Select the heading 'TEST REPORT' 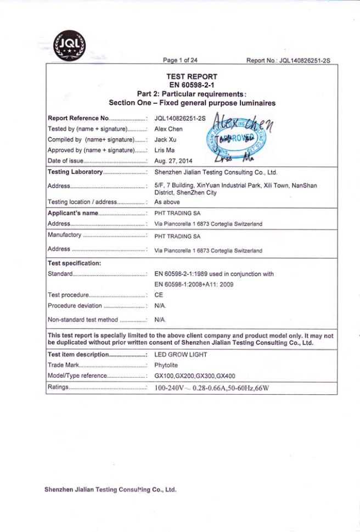pyautogui.click(x=192, y=77)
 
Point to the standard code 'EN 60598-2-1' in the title pyautogui.click(x=192, y=85)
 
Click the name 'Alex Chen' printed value pyautogui.click(x=168, y=129)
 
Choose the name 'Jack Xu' pyautogui.click(x=166, y=139)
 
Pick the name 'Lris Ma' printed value pyautogui.click(x=166, y=150)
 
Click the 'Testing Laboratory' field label pyautogui.click(x=75, y=172)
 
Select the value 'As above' pyautogui.click(x=167, y=202)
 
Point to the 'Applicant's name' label pyautogui.click(x=73, y=213)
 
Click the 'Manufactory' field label pyautogui.click(x=64, y=235)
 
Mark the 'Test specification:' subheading pyautogui.click(x=74, y=263)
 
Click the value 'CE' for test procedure pyautogui.click(x=159, y=295)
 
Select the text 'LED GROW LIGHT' pyautogui.click(x=181, y=355)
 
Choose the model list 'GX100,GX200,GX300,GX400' pyautogui.click(x=195, y=376)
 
